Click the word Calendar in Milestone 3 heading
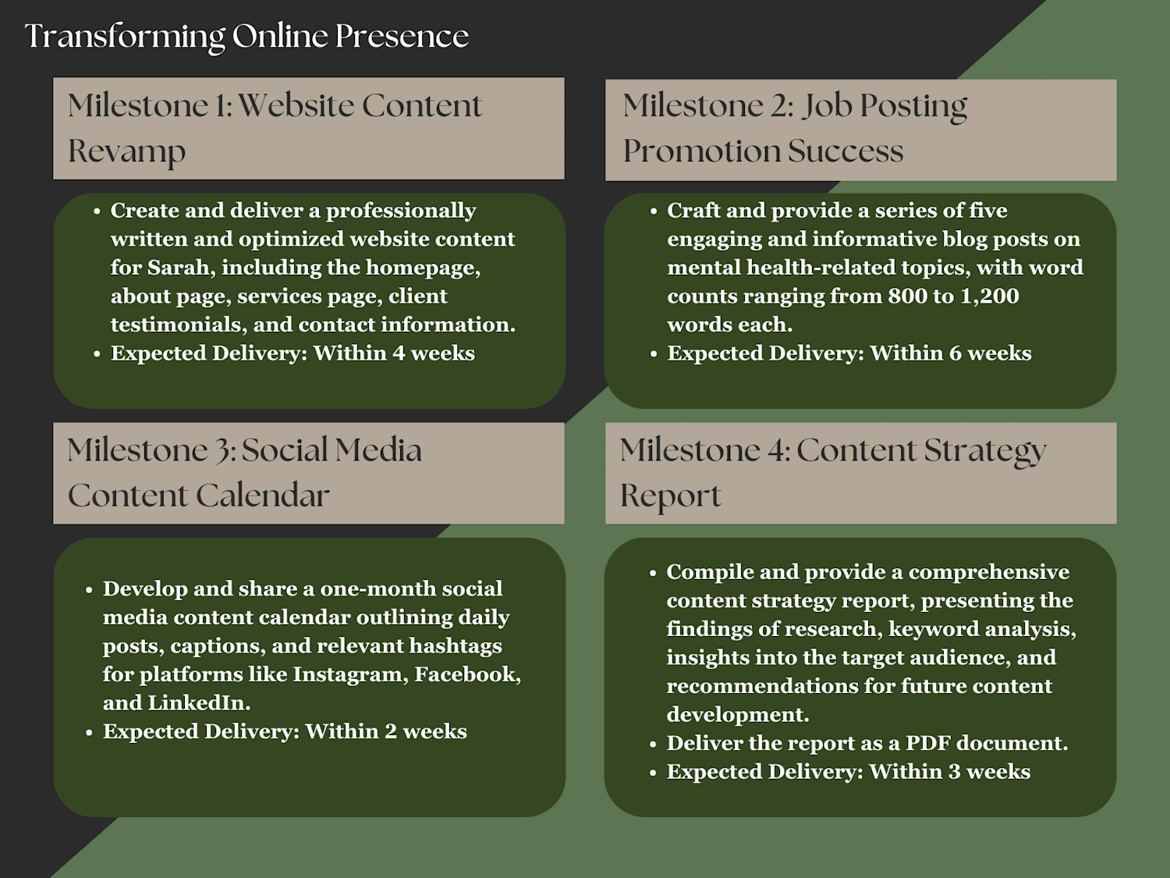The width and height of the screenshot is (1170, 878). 263,496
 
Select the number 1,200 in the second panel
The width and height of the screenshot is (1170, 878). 990,297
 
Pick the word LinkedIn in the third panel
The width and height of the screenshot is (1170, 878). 199,703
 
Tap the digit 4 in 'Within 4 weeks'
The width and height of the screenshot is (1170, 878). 399,354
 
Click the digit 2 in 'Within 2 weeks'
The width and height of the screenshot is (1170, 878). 391,732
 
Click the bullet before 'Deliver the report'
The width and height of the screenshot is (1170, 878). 653,745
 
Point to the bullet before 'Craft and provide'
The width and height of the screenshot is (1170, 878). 654,212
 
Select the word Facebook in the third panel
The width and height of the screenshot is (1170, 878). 467,675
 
